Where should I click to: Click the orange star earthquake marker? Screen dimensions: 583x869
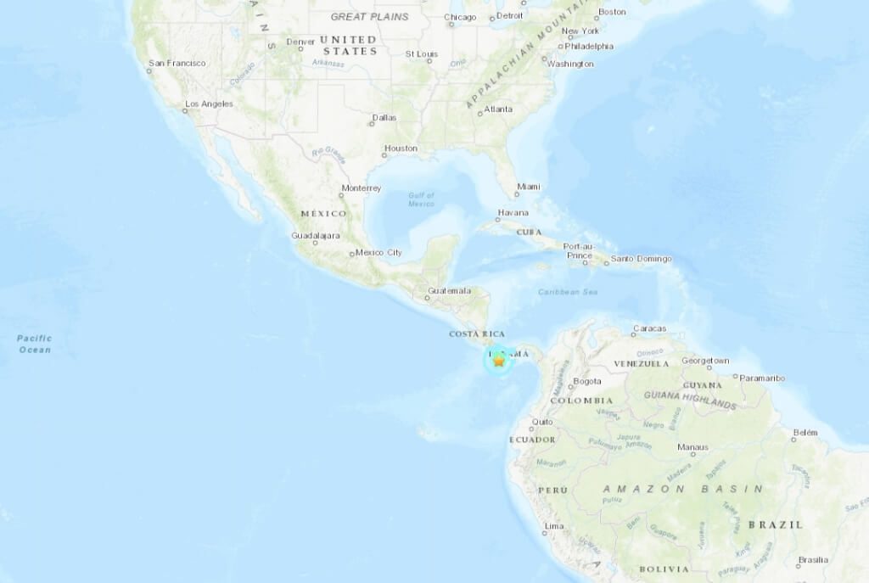pos(499,361)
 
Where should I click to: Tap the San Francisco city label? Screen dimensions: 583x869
pos(177,63)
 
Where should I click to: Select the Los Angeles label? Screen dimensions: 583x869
pos(209,104)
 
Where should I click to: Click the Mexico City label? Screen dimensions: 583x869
pos(378,252)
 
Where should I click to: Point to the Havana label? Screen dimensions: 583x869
pos(513,212)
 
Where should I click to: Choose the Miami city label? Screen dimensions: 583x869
pos(529,187)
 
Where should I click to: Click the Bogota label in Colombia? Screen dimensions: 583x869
pos(587,381)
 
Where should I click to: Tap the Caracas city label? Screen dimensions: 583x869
pos(649,328)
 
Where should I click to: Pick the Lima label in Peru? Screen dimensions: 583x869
pos(553,526)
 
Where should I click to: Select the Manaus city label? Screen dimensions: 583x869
pos(692,446)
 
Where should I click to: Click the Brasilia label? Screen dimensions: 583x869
pos(812,561)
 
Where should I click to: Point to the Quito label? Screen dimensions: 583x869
pos(542,422)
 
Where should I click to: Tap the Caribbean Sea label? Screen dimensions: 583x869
pos(568,292)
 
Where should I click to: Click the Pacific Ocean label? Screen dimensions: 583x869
pos(35,344)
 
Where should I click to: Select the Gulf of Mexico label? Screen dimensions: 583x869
pos(421,199)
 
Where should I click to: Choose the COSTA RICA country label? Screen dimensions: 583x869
pos(477,334)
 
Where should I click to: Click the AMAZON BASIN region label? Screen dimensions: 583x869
pos(682,489)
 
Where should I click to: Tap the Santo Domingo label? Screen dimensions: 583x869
pos(642,259)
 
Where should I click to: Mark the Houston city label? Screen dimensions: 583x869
pos(401,149)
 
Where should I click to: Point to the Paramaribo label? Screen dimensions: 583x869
pos(762,378)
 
